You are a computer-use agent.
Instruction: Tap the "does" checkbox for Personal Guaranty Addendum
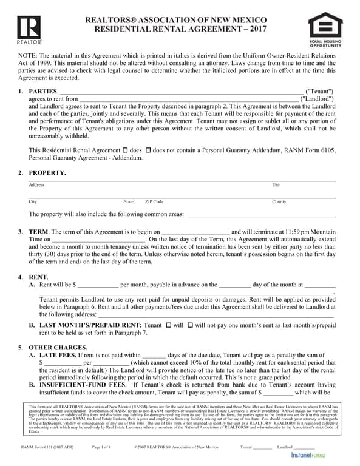coord(125,150)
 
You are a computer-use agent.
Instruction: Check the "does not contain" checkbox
coord(148,150)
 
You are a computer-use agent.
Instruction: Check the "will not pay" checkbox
coord(191,325)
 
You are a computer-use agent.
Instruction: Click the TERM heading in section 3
coord(38,232)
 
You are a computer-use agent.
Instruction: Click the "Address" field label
coord(36,185)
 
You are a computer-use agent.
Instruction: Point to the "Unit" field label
coord(276,185)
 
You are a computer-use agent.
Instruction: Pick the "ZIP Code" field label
coord(154,201)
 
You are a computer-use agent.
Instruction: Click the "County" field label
coord(279,201)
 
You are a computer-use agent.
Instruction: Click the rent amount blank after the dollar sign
coord(98,284)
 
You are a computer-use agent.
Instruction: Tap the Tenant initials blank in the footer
coord(262,448)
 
